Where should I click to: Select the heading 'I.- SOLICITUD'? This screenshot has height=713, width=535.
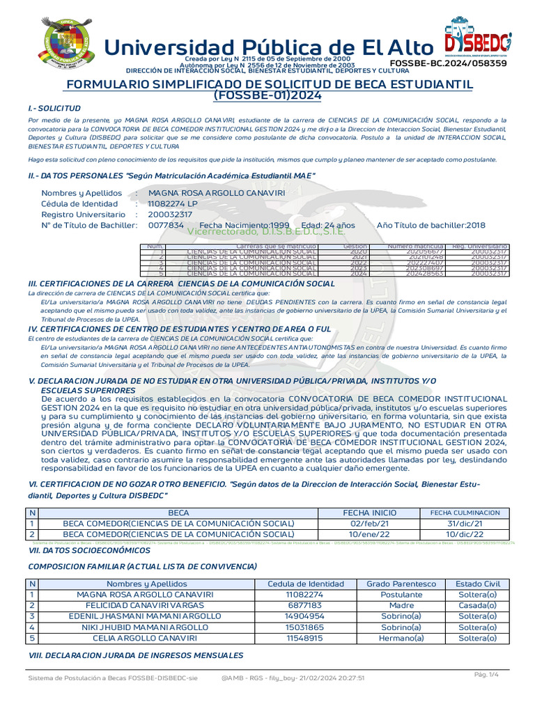[54, 109]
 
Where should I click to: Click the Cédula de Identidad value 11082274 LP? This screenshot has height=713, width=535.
[173, 203]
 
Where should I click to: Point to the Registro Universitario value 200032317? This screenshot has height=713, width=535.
[170, 214]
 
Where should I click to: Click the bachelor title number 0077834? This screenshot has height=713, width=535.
[166, 226]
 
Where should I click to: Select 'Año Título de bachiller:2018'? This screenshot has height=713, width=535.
[431, 226]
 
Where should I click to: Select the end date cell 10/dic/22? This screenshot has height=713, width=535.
[465, 534]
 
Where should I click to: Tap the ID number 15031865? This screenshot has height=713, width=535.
[305, 627]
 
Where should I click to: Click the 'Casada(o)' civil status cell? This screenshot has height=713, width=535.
[477, 606]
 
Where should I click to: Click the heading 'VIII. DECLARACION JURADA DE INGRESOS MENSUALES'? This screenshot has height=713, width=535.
[135, 655]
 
